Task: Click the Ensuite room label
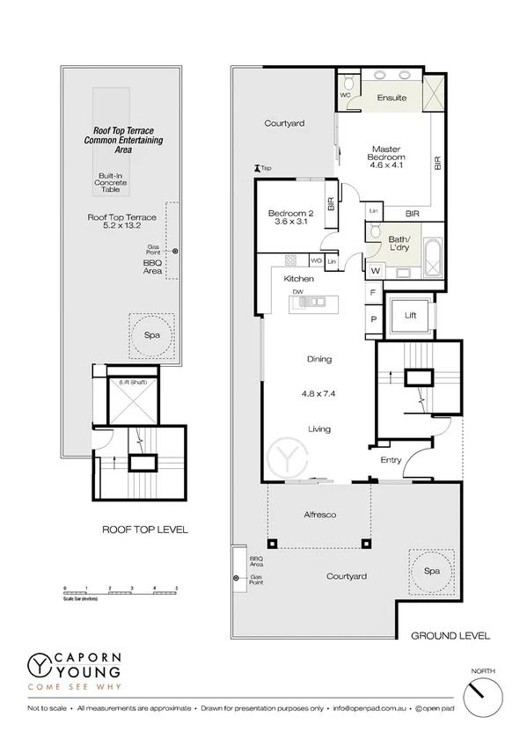392,98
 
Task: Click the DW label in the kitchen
298,291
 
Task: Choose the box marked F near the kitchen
373,292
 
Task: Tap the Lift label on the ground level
410,315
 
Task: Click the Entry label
391,460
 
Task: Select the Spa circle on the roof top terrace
145,335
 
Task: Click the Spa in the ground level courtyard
431,570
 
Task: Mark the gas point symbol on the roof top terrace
175,252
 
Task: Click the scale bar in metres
121,590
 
